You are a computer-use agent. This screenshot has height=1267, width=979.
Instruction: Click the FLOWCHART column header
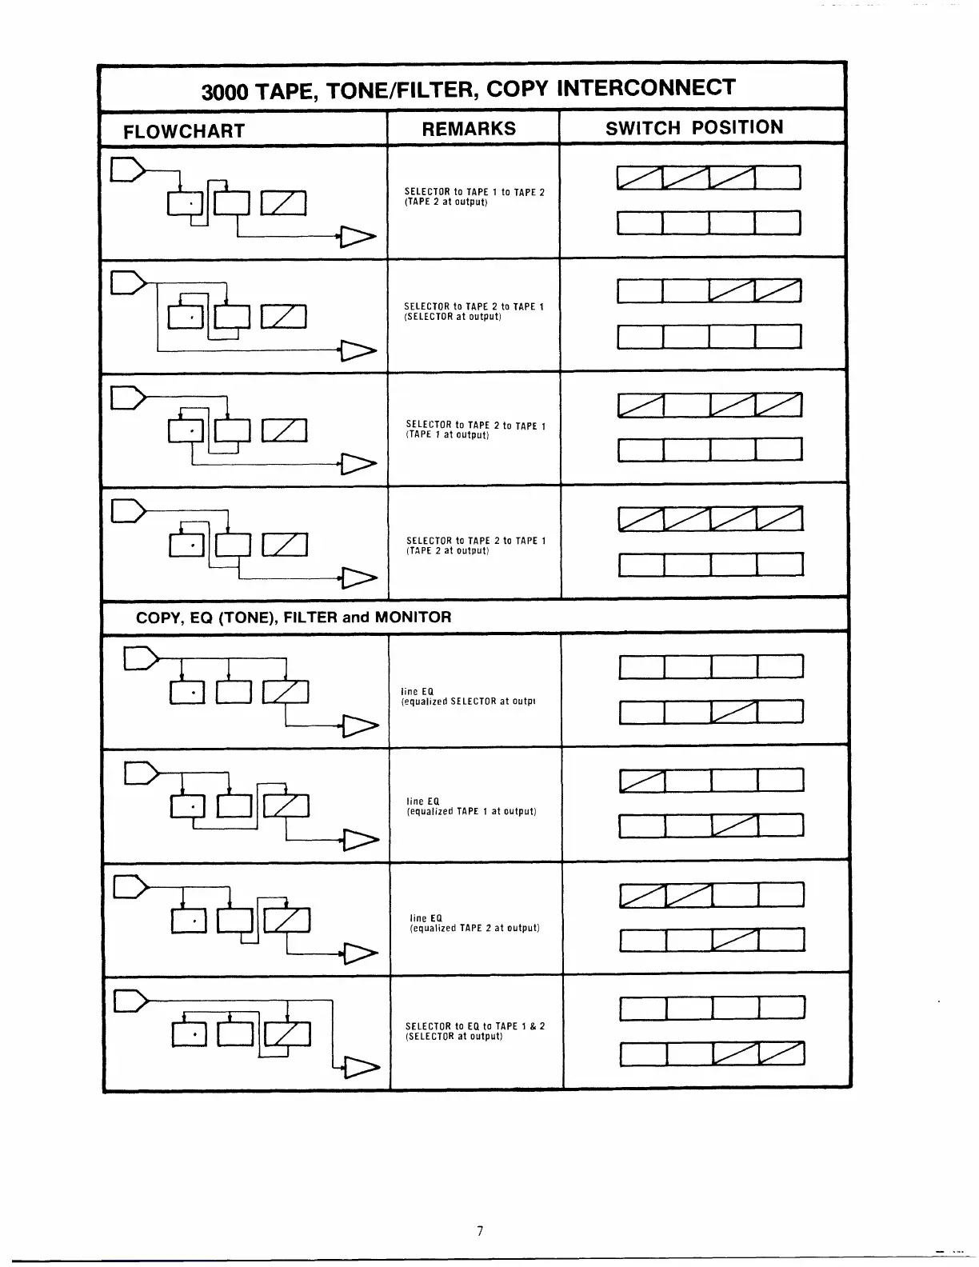[x=184, y=131]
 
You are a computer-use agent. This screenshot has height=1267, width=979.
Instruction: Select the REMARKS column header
[x=469, y=129]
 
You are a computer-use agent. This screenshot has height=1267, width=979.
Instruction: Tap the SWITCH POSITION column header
[x=694, y=128]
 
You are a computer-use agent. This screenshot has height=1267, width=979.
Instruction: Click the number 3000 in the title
[x=226, y=92]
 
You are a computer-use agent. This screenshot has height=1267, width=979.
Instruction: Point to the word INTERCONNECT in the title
[x=645, y=87]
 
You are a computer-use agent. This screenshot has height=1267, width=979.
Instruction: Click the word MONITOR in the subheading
[x=413, y=617]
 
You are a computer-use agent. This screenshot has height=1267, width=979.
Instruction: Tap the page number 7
[x=480, y=1231]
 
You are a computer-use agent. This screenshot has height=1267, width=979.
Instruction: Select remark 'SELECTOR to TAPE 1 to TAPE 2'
[x=474, y=192]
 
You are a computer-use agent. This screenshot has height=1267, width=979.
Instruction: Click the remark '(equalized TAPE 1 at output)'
[x=471, y=811]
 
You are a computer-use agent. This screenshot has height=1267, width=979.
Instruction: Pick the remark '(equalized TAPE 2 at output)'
[x=474, y=928]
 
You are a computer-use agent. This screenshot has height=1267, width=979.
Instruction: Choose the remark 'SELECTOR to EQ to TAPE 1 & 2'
[x=475, y=1025]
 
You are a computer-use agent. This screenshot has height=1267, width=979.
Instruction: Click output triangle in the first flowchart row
[x=358, y=236]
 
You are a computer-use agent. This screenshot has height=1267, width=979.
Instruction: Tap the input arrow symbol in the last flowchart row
[x=131, y=1001]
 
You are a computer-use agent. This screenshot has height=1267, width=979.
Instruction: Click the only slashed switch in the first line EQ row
[x=734, y=711]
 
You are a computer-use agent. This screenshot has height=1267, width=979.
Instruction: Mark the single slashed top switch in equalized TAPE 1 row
[x=641, y=780]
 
